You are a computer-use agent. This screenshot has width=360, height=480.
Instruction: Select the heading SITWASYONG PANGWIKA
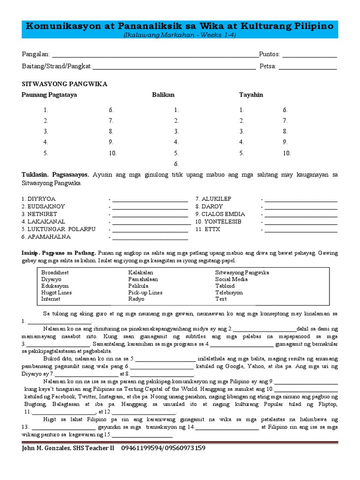point(65,84)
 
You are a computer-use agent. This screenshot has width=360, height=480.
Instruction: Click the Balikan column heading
point(163,95)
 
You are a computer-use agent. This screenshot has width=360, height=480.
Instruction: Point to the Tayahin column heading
point(251,95)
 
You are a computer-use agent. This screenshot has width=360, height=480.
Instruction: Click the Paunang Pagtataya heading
point(49,95)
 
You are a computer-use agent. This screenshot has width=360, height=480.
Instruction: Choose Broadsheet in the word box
point(55,272)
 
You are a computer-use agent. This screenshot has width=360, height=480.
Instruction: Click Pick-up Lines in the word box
point(145,292)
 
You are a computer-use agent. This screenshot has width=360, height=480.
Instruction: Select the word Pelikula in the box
point(138,285)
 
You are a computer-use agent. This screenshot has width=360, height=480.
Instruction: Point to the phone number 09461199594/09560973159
point(163,448)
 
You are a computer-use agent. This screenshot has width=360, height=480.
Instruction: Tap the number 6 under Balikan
point(176,164)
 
